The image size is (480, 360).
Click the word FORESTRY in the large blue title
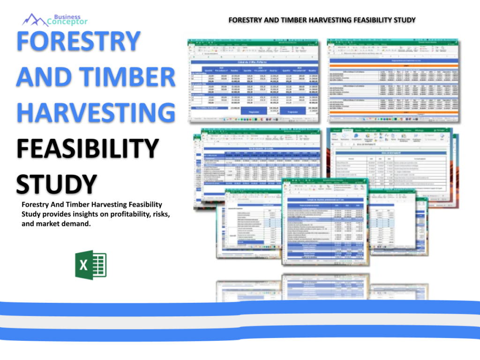tap(78, 42)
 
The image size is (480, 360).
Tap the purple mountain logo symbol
tap(35, 20)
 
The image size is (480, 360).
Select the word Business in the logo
tap(67, 17)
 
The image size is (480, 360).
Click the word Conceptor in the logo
tap(67, 22)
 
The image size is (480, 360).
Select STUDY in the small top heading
tap(403, 20)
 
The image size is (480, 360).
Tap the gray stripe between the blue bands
tap(240, 322)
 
